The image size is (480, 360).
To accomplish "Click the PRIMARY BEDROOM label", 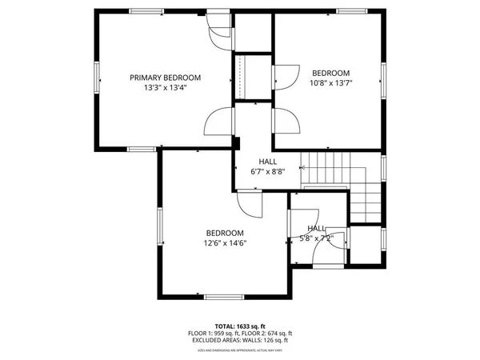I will pyautogui.click(x=166, y=78).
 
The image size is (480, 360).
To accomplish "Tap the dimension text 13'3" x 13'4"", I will pyautogui.click(x=166, y=88).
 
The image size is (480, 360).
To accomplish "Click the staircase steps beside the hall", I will pyautogui.click(x=328, y=168).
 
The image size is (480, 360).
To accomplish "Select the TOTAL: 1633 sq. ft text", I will pyautogui.click(x=240, y=326).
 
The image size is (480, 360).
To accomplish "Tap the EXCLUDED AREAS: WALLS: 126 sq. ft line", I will pyautogui.click(x=240, y=341).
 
